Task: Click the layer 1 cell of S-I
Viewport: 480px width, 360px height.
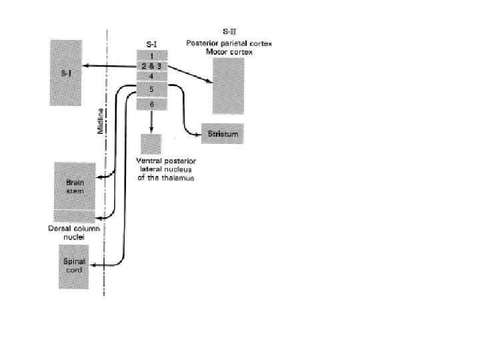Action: pos(152,56)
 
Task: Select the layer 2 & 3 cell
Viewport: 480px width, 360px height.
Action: pos(152,66)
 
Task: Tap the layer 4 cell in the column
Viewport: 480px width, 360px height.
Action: pos(152,76)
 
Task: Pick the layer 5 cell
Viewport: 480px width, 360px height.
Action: pos(152,89)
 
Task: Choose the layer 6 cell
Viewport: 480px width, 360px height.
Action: pos(152,105)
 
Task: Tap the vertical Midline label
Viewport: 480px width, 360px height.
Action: pos(100,125)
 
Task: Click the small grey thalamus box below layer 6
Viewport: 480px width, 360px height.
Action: pos(151,143)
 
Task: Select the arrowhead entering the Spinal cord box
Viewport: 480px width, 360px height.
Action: pos(95,265)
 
